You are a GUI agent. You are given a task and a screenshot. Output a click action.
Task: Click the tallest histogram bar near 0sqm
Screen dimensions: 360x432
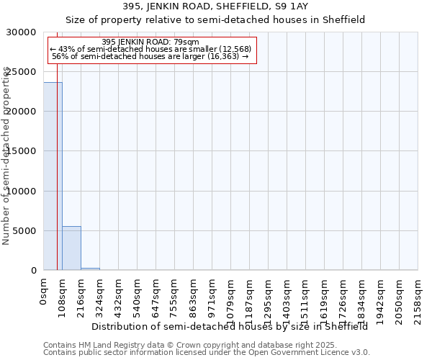coord(53,176)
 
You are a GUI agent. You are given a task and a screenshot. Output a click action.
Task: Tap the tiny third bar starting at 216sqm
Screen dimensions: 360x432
coord(90,269)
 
